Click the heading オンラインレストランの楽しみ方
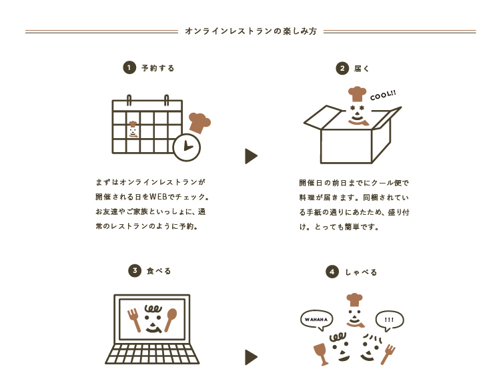(250, 31)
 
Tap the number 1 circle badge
(129, 67)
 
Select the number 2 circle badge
(342, 68)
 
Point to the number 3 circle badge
(135, 270)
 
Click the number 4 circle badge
(332, 272)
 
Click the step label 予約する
(158, 68)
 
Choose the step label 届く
(362, 68)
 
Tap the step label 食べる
(159, 271)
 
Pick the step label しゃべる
(361, 272)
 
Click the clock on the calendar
(186, 147)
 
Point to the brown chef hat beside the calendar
(199, 122)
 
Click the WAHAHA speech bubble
(316, 320)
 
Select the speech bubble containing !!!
(390, 320)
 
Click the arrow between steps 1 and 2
(251, 156)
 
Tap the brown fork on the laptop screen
(134, 319)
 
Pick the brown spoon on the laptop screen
(171, 318)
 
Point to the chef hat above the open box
(358, 93)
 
